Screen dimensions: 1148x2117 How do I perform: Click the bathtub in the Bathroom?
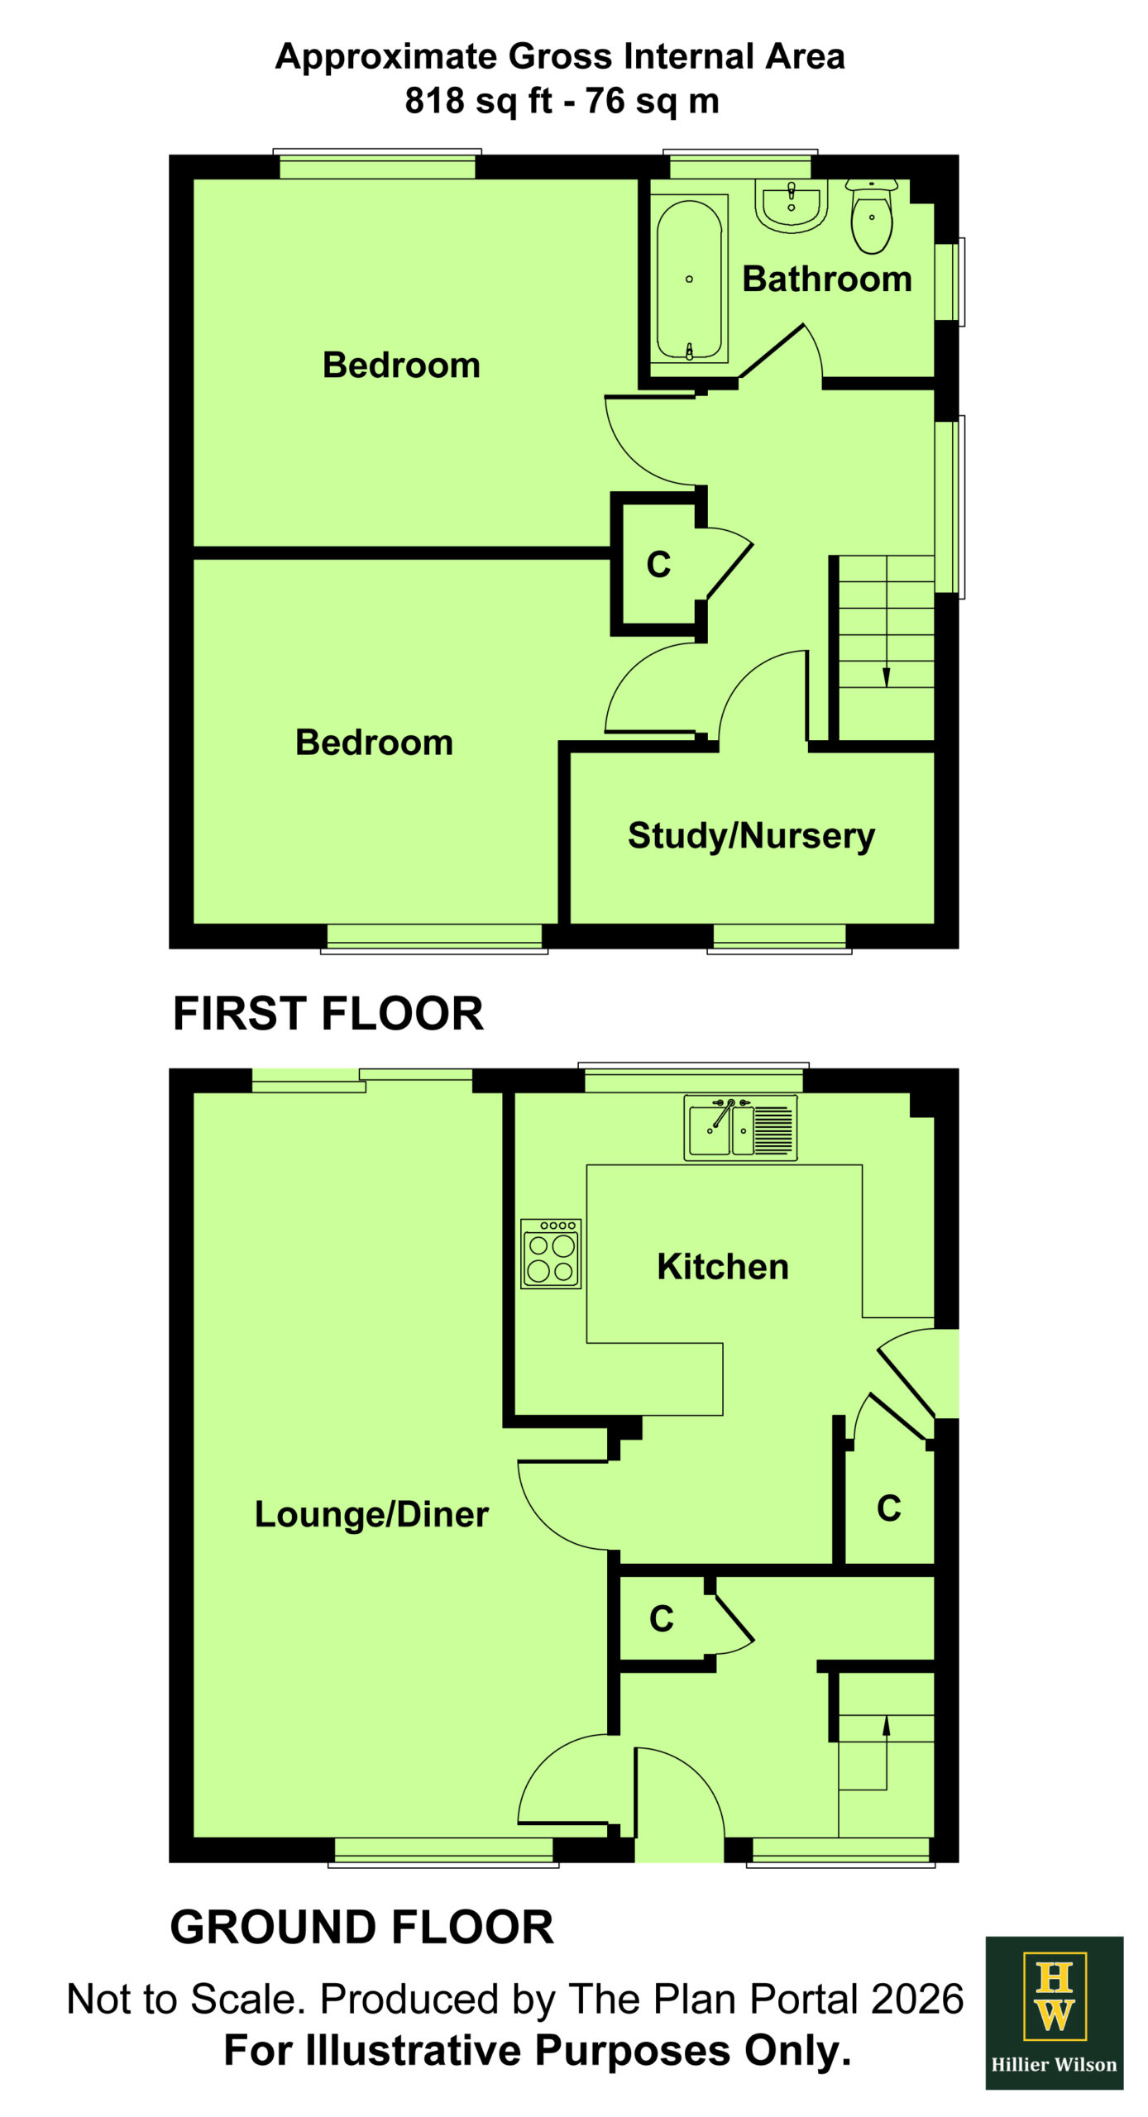(689, 279)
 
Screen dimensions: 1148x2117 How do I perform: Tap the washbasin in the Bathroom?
(791, 205)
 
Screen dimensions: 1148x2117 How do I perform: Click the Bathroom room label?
(827, 279)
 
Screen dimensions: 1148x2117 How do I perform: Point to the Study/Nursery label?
(751, 835)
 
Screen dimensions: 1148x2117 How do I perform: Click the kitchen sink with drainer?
(740, 1127)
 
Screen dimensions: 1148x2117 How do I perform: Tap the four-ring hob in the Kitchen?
(551, 1254)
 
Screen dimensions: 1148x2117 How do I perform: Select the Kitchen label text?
(723, 1267)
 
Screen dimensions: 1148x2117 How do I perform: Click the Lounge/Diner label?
(371, 1514)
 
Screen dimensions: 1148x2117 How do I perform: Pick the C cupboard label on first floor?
(658, 565)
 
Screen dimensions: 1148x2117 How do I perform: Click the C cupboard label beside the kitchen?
(889, 1508)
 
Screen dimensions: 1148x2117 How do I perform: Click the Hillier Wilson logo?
(1055, 2013)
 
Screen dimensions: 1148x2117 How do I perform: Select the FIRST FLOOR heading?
(328, 1013)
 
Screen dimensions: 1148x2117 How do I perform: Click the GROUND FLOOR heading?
(361, 1927)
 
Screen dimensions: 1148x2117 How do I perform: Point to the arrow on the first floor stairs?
(887, 621)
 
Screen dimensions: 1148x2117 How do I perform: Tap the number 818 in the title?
(434, 101)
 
